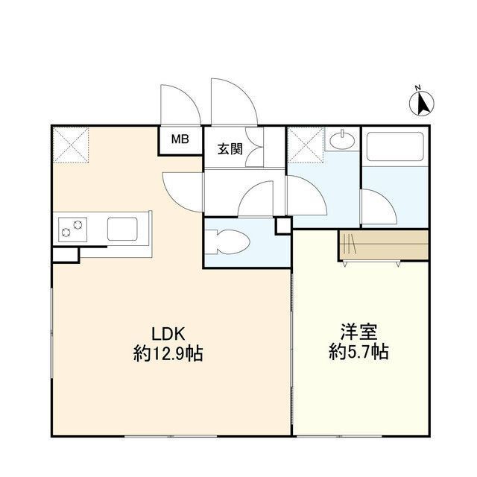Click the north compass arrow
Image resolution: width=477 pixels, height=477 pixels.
423,102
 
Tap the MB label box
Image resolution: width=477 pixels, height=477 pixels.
180,139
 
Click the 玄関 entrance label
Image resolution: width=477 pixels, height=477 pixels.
229,148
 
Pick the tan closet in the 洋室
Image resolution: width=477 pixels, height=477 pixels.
383,244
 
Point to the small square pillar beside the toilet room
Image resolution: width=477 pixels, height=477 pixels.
283,224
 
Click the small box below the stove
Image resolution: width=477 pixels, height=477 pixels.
65,253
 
